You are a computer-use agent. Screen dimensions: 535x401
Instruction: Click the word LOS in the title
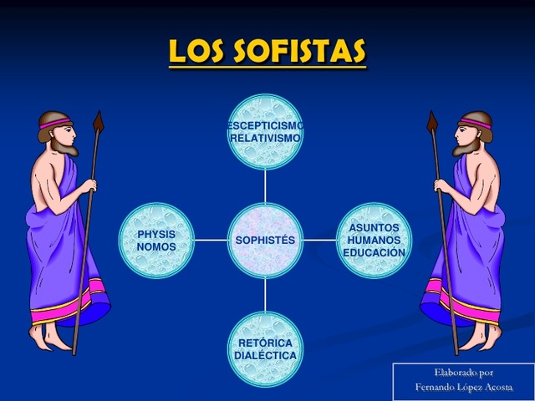(x=197, y=52)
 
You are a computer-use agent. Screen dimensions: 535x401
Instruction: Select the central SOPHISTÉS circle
(x=265, y=240)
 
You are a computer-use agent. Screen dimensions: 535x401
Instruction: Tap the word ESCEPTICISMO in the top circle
(x=265, y=125)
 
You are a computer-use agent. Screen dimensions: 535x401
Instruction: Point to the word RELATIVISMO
(x=265, y=138)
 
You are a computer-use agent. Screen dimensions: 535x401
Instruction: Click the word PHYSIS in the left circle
(x=156, y=235)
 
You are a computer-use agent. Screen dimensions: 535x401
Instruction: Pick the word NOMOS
(x=156, y=247)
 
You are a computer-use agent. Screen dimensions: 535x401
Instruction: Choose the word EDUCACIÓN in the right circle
(x=374, y=252)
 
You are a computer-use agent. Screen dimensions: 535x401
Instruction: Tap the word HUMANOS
(x=374, y=240)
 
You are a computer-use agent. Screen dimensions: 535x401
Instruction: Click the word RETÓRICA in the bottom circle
(x=265, y=343)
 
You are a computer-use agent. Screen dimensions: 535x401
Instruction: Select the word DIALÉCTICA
(x=265, y=355)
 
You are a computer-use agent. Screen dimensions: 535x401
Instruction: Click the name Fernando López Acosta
(x=463, y=388)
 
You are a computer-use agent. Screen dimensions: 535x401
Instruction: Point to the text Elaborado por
(x=463, y=373)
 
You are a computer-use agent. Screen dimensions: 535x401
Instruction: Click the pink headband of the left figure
(x=55, y=124)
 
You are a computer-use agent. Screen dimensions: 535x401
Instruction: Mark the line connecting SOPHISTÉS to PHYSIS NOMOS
(x=211, y=240)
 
